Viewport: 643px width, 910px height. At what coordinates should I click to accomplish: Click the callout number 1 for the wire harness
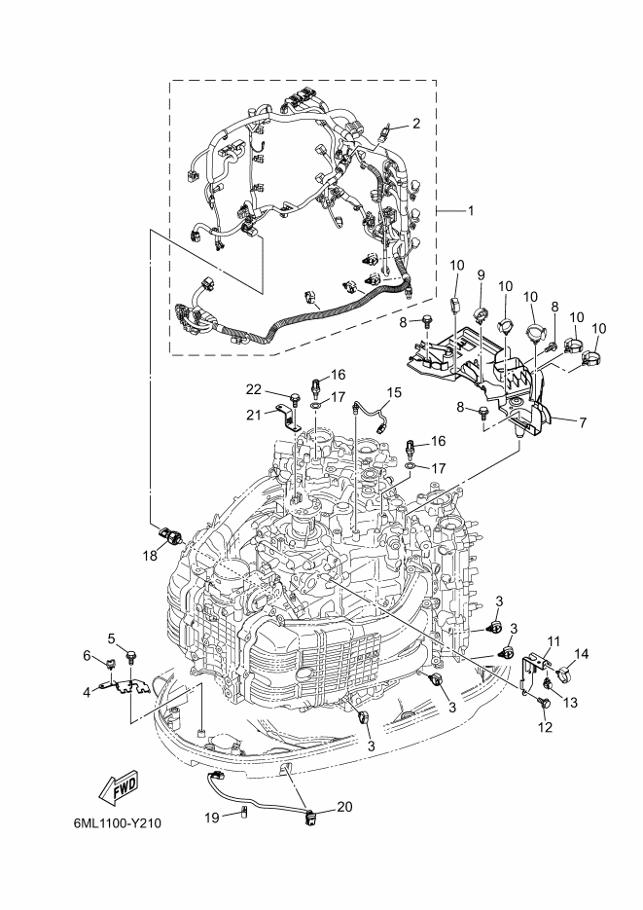pos(470,210)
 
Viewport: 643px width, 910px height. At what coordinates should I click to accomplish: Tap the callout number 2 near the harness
pos(415,123)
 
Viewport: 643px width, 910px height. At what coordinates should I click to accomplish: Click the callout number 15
pos(394,393)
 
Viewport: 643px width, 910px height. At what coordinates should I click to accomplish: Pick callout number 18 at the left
pos(150,556)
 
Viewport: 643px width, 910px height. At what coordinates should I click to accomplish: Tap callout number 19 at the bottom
pos(212,819)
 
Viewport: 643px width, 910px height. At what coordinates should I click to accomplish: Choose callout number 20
pos(344,807)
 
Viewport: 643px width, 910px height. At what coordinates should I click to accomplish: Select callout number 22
pos(253,390)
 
